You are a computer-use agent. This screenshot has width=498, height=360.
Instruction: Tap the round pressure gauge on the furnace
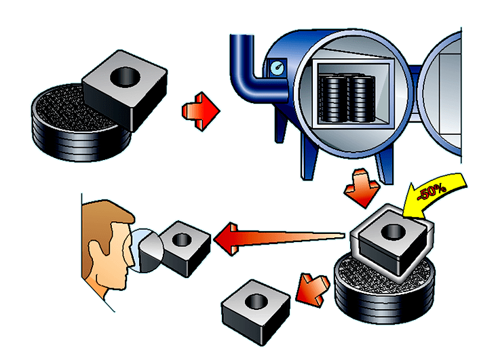pyautogui.click(x=277, y=68)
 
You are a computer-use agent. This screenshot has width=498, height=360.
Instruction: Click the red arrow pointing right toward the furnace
pyautogui.click(x=201, y=111)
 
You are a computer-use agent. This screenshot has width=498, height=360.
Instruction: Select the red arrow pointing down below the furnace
pyautogui.click(x=362, y=188)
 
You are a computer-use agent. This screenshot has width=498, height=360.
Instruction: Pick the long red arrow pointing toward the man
pyautogui.click(x=279, y=239)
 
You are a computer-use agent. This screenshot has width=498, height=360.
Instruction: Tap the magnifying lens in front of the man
pyautogui.click(x=147, y=251)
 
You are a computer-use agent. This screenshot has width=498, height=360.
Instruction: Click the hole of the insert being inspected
pyautogui.click(x=182, y=239)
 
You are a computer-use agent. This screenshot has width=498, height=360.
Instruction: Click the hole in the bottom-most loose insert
pyautogui.click(x=256, y=301)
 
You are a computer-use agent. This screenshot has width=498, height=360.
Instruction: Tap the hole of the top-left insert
pyautogui.click(x=125, y=77)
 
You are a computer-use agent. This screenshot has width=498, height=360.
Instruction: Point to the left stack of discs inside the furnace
pyautogui.click(x=334, y=99)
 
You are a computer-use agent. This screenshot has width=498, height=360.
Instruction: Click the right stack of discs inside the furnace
pyautogui.click(x=362, y=99)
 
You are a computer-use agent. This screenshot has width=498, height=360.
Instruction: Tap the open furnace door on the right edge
pyautogui.click(x=441, y=95)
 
